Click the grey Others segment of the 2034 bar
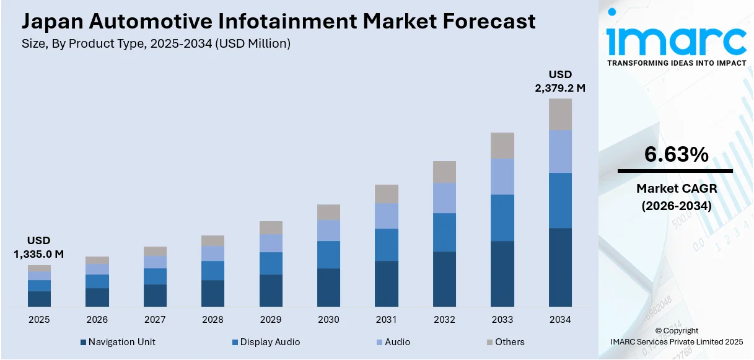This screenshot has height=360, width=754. click(560, 114)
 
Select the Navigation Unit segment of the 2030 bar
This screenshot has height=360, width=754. click(328, 287)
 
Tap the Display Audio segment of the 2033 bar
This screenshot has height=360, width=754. click(502, 217)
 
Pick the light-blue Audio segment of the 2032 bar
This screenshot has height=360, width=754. click(444, 198)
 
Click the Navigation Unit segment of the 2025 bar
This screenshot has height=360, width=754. click(39, 299)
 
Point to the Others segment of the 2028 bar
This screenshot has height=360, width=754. click(213, 240)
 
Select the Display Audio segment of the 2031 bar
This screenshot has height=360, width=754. click(387, 245)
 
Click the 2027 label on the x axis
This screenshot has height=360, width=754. click(155, 320)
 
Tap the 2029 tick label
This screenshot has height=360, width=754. click(271, 320)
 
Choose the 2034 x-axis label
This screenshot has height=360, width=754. click(560, 320)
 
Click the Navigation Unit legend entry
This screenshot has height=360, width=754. click(118, 342)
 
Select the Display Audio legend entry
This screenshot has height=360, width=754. click(266, 342)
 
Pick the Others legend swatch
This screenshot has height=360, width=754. click(489, 342)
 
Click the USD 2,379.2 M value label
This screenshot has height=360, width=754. click(560, 82)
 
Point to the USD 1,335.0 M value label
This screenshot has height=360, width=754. click(38, 247)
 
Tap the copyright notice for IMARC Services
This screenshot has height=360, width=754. click(677, 341)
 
